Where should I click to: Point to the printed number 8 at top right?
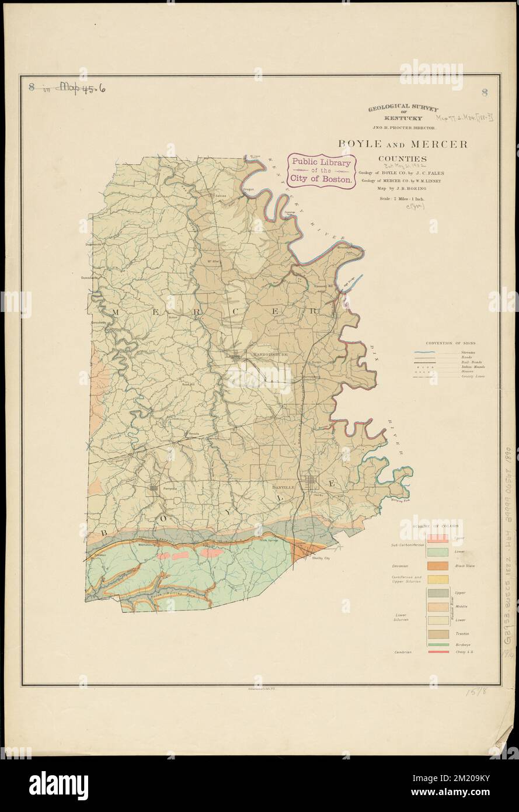pos(485,92)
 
